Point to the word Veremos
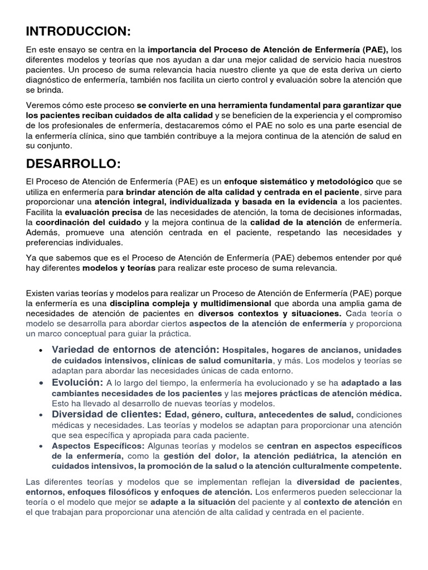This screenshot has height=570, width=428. (43, 105)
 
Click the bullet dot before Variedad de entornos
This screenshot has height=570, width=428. (42, 351)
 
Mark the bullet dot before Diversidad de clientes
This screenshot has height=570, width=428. (42, 415)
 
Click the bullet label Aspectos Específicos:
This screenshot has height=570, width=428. (98, 446)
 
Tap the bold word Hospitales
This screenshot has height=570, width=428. (245, 351)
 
